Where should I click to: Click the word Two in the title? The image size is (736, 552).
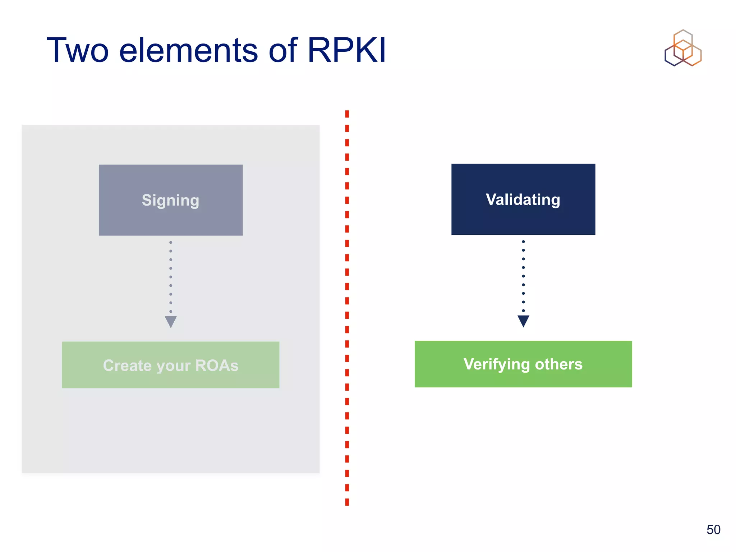pos(78,50)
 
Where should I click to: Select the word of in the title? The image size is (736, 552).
pos(283,50)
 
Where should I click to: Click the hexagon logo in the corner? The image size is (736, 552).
pos(683,48)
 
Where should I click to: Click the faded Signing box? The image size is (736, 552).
pos(171,200)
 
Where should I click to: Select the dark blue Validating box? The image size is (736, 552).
pos(523,199)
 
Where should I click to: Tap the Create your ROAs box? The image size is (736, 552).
pos(171,365)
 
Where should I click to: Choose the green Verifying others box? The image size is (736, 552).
pos(523,364)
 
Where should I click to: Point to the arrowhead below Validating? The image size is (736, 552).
pos(523,321)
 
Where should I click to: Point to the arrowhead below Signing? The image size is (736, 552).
pos(171,321)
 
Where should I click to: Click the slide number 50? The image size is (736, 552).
pos(713,530)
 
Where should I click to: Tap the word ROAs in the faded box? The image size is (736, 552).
pos(217,365)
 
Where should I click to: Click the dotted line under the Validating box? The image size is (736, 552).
pos(523,276)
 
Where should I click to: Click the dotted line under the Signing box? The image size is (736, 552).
pos(171,277)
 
